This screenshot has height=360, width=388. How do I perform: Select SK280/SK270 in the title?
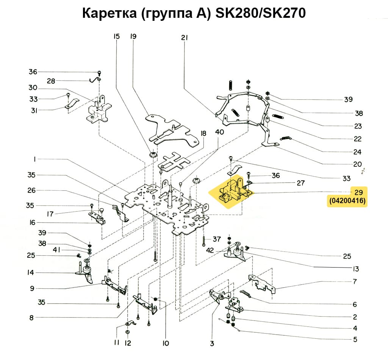(x=260, y=14)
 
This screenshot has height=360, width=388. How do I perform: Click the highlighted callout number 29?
(x=358, y=192)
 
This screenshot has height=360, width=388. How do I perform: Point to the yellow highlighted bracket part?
(x=232, y=190)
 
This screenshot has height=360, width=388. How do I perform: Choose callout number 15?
(x=116, y=37)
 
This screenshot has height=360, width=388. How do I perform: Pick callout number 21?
(x=185, y=38)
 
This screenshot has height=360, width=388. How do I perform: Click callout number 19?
(x=133, y=37)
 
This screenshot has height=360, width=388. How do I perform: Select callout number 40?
(x=219, y=132)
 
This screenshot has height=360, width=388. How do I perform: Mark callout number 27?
(x=300, y=183)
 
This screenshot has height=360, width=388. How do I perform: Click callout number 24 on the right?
(x=357, y=152)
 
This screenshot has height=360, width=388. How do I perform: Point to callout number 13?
(x=355, y=269)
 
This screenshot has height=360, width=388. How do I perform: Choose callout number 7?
(x=355, y=282)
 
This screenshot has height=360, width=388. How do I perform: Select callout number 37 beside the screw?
(x=216, y=239)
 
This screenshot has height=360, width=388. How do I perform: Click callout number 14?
(x=31, y=272)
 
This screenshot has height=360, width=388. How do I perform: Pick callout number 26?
(x=31, y=190)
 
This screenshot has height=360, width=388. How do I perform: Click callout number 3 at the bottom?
(x=212, y=344)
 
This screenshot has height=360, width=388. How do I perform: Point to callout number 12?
(x=128, y=343)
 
